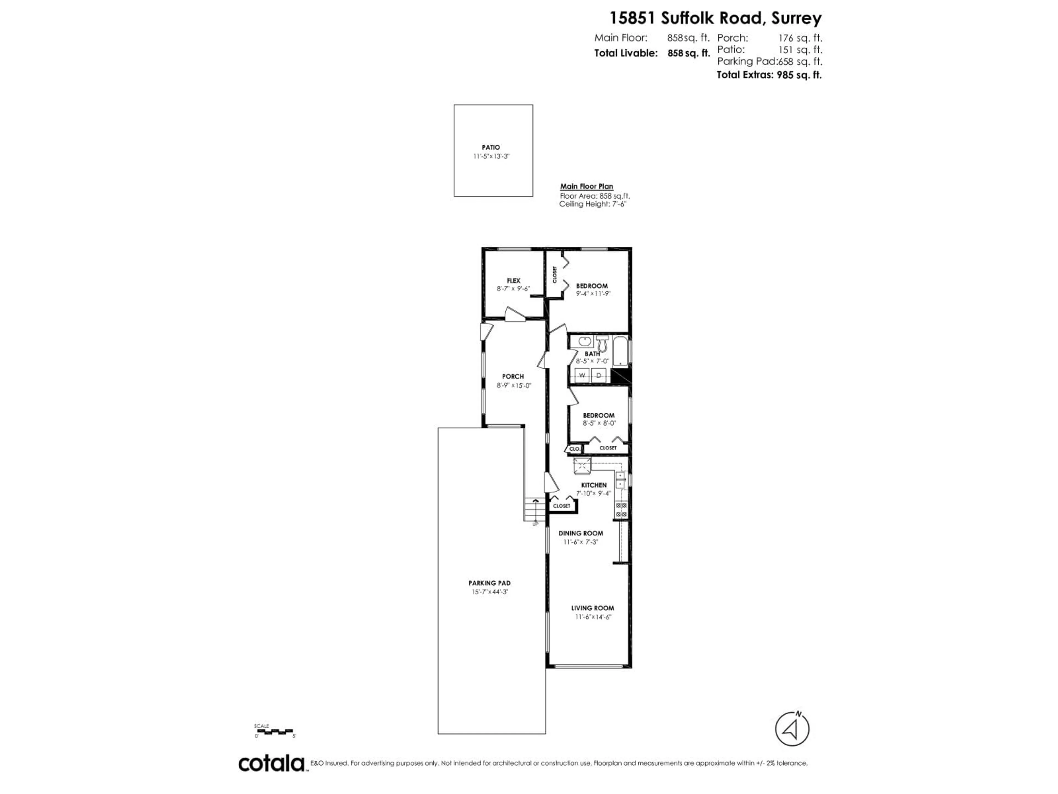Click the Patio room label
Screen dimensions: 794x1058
[x=491, y=147]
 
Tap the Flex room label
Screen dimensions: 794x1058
[x=513, y=280]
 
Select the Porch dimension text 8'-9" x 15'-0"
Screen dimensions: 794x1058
[x=514, y=385]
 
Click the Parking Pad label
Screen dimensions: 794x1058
[x=489, y=583]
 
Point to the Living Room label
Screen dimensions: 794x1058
[x=592, y=608]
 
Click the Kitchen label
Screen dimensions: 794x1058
[x=593, y=485]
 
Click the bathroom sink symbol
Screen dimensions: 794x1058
[x=584, y=342]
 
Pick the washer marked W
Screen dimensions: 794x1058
[x=582, y=375]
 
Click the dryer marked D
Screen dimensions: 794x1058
[x=599, y=375]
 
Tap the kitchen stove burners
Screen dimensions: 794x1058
[x=621, y=510]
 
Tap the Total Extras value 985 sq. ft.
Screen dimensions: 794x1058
[x=799, y=75]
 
